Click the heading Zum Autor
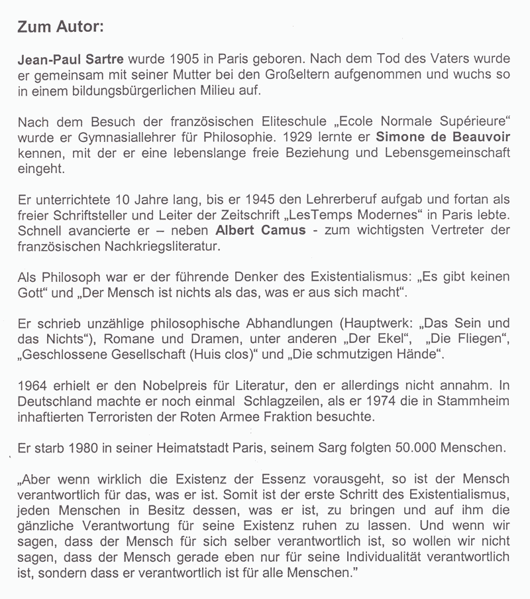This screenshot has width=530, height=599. (x=60, y=29)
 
